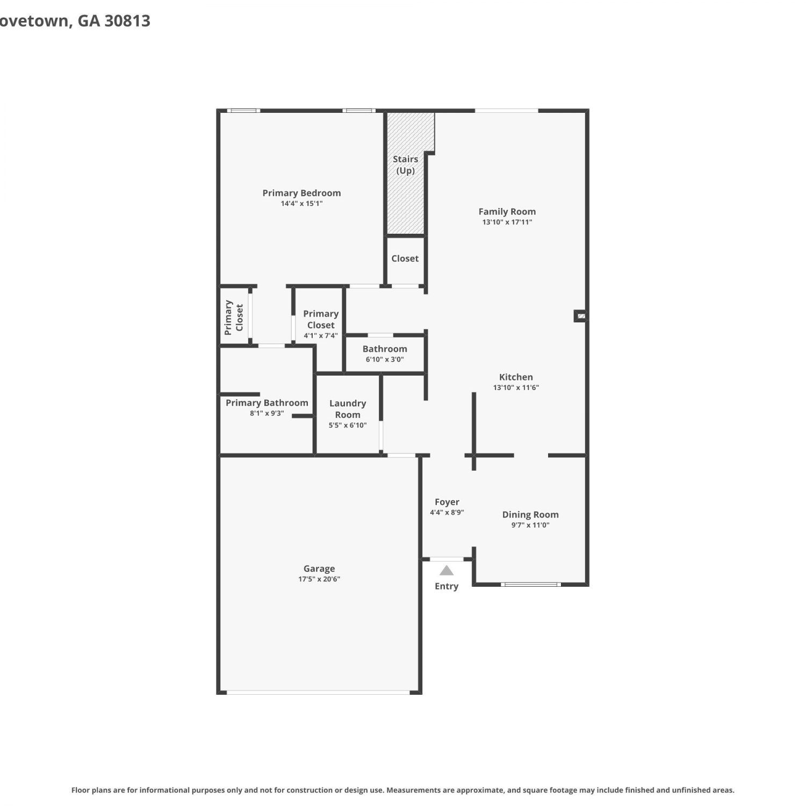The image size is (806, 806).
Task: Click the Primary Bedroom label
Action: tap(301, 193)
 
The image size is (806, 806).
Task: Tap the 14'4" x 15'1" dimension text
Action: tap(301, 204)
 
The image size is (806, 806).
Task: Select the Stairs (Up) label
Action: tap(405, 164)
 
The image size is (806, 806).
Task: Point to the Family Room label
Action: tap(507, 212)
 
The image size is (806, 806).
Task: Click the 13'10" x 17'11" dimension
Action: tap(507, 222)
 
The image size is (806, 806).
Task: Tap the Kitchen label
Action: tap(516, 377)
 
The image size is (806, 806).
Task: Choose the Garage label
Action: tap(319, 568)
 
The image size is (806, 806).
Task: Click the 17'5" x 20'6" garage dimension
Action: tap(319, 579)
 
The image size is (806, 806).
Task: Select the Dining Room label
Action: tap(530, 515)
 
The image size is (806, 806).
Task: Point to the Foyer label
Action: tap(447, 502)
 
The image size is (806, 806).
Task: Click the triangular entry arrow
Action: tap(447, 571)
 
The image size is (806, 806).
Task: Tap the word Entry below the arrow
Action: tap(447, 586)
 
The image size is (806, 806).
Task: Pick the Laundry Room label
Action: tap(348, 409)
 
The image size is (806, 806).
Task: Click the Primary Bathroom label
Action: tap(267, 403)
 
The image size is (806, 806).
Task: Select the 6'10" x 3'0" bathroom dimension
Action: tap(385, 359)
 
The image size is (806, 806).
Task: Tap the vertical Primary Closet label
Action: tap(234, 318)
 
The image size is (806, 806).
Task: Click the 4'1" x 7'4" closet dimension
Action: tap(321, 336)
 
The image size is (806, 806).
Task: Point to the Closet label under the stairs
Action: tap(405, 258)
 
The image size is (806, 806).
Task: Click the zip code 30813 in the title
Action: tap(127, 21)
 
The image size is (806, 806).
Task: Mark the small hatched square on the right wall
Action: tap(581, 316)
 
